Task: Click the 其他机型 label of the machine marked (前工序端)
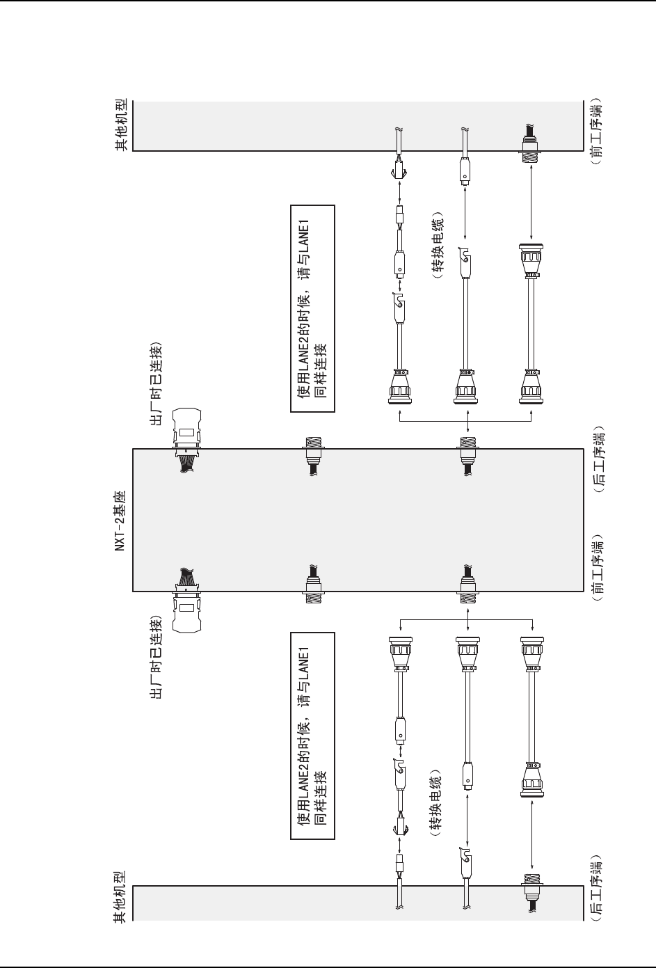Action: [119, 125]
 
